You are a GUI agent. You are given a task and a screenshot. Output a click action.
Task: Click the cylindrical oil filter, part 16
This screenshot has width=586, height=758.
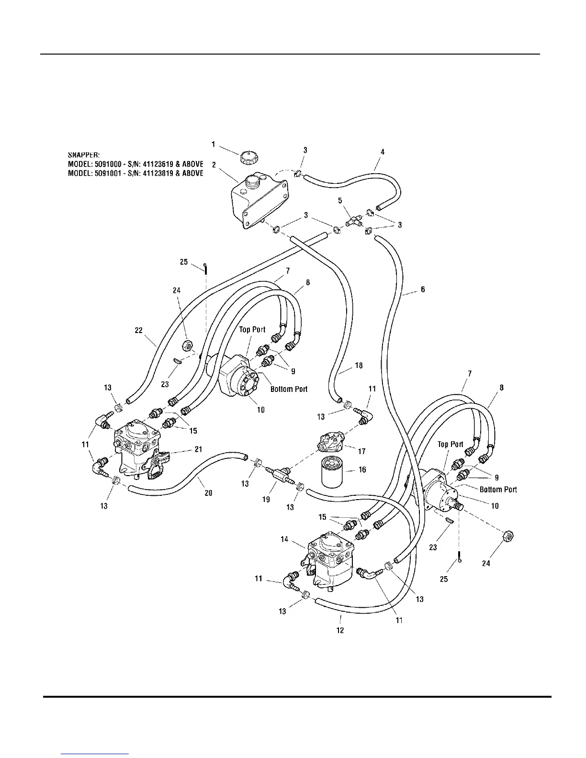pyautogui.click(x=333, y=472)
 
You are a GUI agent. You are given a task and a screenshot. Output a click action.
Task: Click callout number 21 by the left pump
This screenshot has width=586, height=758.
pyautogui.click(x=198, y=449)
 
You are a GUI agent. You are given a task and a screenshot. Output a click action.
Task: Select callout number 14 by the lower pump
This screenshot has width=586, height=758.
pyautogui.click(x=284, y=539)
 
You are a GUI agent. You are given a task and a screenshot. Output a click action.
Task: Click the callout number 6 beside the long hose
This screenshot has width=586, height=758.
pyautogui.click(x=423, y=290)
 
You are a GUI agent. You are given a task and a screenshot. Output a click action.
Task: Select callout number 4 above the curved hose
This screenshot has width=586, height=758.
pyautogui.click(x=383, y=152)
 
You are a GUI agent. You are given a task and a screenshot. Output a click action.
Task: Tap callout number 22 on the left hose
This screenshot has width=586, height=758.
pyautogui.click(x=138, y=330)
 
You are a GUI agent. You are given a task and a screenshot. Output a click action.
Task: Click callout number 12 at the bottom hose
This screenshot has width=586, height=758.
pyautogui.click(x=340, y=630)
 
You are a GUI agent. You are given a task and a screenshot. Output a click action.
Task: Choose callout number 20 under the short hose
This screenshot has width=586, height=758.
pyautogui.click(x=208, y=493)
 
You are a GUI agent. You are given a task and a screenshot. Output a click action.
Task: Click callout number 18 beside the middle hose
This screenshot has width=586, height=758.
pyautogui.click(x=359, y=366)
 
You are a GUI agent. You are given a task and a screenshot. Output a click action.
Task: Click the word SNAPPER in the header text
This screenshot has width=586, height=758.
pyautogui.click(x=83, y=155)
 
